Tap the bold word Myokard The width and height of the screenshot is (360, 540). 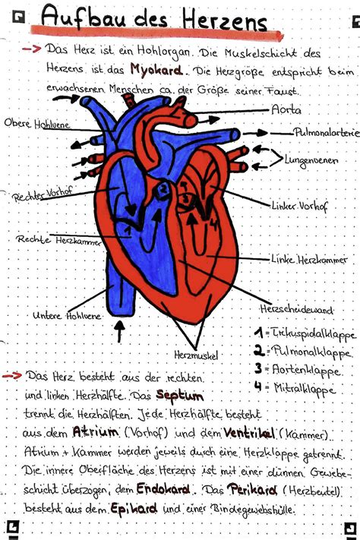[x=156, y=70]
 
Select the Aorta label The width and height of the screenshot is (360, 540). [x=286, y=110]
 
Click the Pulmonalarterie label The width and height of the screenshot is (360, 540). [x=326, y=133]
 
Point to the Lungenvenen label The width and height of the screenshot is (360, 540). [x=311, y=161]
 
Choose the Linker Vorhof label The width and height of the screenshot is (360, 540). [x=299, y=206]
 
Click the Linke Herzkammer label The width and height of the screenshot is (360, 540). [x=309, y=259]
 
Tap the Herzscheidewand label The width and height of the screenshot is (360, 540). [x=297, y=309]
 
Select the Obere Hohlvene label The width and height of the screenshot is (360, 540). [x=37, y=124]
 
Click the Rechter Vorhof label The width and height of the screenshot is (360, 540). [x=42, y=194]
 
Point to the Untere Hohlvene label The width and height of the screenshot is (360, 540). [x=67, y=315]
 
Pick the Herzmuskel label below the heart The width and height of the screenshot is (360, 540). [x=196, y=355]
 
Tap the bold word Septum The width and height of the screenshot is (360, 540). [x=179, y=396]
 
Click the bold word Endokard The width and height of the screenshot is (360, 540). [x=163, y=488]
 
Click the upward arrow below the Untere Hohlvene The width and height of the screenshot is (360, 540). [x=119, y=331]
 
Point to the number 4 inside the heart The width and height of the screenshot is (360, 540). [x=214, y=224]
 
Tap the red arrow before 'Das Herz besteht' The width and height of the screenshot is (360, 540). [x=12, y=375]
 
